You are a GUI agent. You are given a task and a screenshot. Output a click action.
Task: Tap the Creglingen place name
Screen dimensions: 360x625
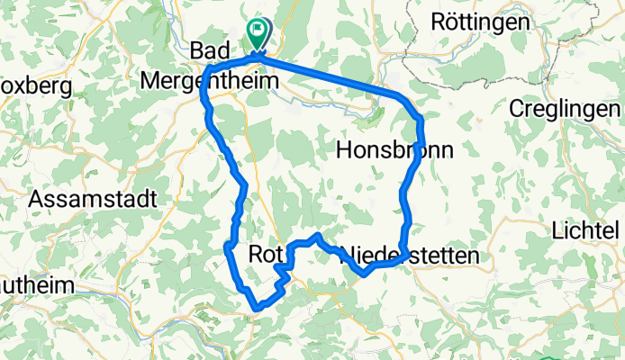pos(566,108)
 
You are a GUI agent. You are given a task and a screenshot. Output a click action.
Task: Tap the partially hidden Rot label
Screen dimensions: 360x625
pos(264,256)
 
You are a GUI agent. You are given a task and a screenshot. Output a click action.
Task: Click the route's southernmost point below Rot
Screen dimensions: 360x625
pos(258,308)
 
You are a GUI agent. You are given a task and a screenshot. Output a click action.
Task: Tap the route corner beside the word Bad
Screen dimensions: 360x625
pos(210,72)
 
